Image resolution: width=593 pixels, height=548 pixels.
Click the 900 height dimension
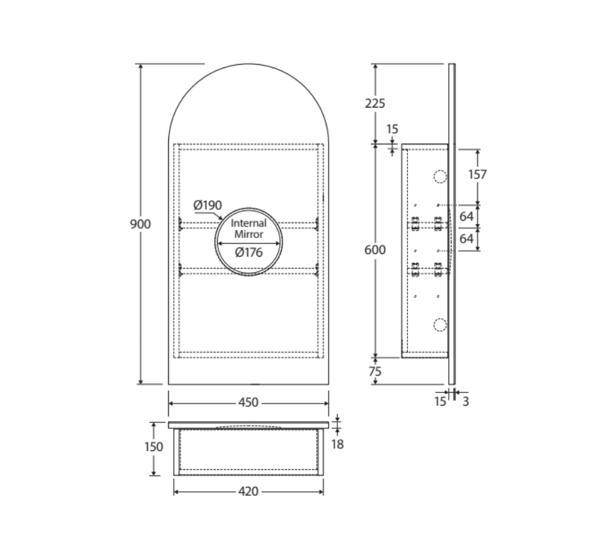point(140,224)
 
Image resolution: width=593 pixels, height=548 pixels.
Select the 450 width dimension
point(248,403)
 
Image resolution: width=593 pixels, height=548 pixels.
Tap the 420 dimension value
point(248,491)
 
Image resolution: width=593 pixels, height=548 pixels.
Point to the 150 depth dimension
point(154,446)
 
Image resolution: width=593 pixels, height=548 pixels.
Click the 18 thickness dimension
point(337,443)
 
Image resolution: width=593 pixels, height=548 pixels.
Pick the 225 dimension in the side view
point(375,104)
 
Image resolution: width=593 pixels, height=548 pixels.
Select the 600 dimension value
point(375,249)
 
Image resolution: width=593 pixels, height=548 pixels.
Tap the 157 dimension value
point(477,174)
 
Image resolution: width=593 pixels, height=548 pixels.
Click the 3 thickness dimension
point(465,402)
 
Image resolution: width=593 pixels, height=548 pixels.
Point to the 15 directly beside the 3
point(439,402)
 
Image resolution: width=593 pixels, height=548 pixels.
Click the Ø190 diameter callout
point(207,204)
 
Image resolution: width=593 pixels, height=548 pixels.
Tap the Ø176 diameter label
point(248,252)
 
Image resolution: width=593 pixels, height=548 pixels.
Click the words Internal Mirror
point(248,229)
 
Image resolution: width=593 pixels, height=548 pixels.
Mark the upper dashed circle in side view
point(439,177)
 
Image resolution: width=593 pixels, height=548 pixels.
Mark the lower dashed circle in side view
point(439,325)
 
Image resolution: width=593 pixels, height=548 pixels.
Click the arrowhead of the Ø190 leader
point(222,219)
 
